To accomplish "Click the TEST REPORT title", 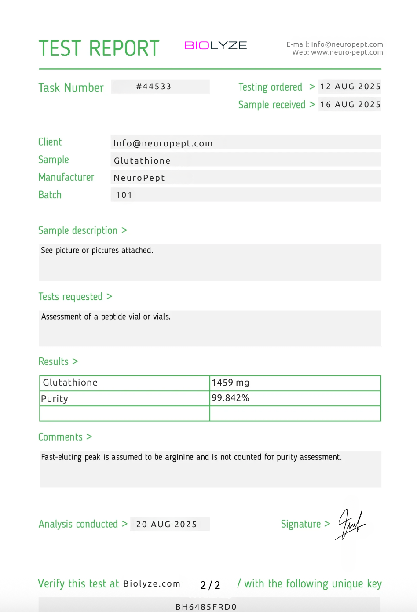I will click(x=99, y=48).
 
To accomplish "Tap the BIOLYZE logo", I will click(x=216, y=45).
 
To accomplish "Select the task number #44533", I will click(x=154, y=87).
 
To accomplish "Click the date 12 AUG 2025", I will click(x=350, y=87).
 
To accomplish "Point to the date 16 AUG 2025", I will click(x=350, y=105).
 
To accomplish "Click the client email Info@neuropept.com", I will click(x=163, y=143).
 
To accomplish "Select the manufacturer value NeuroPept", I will click(x=139, y=178).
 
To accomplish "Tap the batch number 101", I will click(x=124, y=195).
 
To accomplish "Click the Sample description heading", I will click(x=78, y=230).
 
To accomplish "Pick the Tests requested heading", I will click(x=70, y=297).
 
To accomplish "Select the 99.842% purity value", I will click(x=230, y=398).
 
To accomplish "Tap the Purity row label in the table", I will click(x=55, y=399).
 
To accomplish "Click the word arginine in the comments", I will click(x=179, y=457).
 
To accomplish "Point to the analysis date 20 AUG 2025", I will click(x=166, y=524).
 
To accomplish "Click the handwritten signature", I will click(x=351, y=524).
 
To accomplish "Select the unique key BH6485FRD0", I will click(x=206, y=607).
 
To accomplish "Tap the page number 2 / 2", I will click(x=210, y=585).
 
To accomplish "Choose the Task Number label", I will click(x=71, y=87).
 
